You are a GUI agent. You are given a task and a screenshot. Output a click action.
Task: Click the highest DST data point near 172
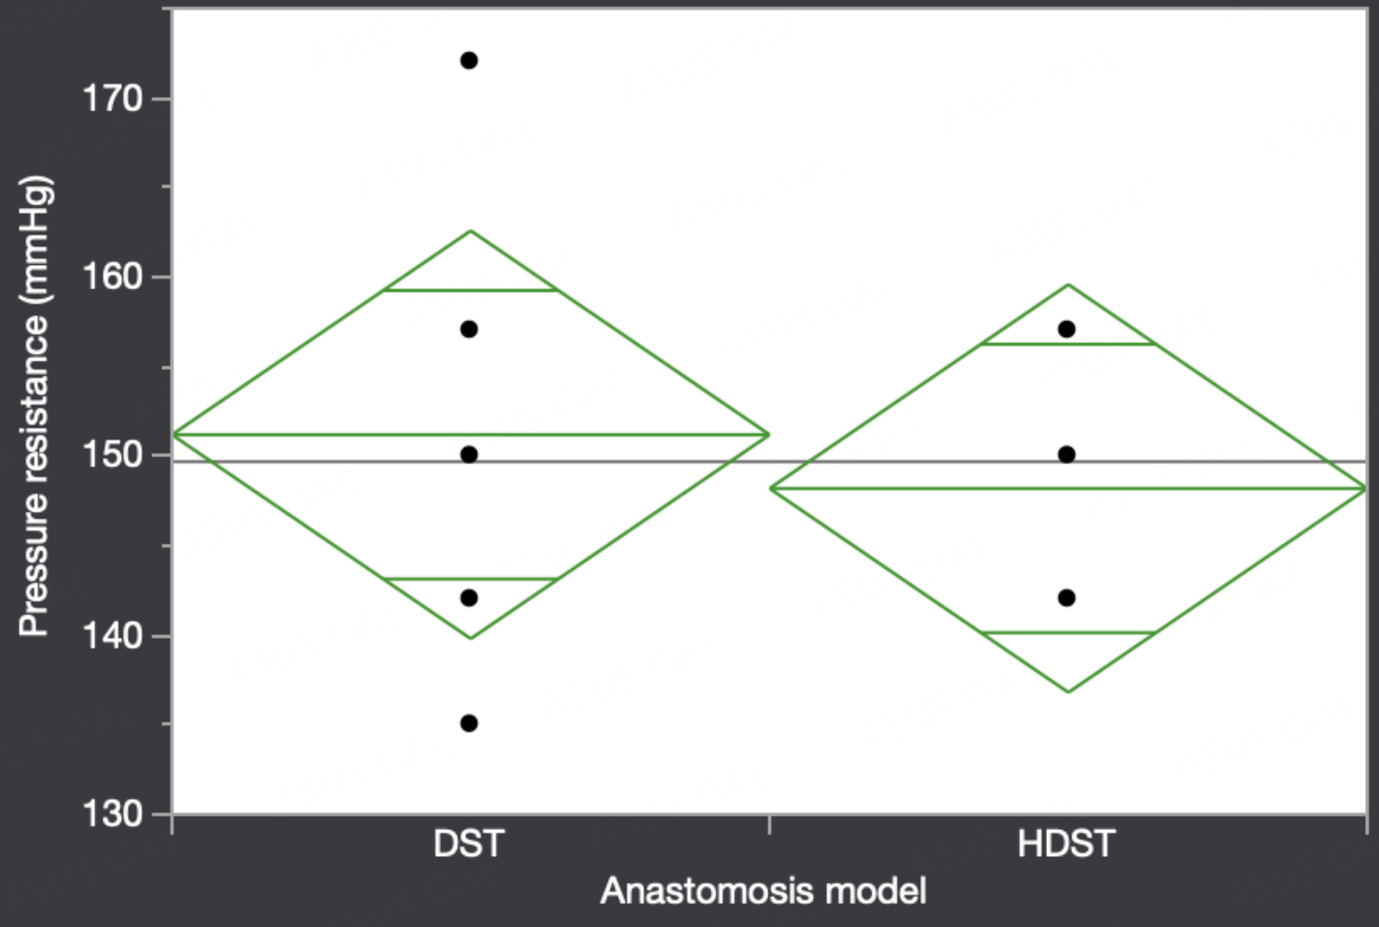[469, 61]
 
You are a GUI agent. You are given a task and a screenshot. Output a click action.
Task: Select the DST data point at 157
[469, 329]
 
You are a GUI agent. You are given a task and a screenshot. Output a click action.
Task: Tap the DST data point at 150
[469, 455]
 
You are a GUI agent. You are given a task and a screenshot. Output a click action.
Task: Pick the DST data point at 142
[469, 598]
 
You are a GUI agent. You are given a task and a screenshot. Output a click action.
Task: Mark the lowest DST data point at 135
[469, 723]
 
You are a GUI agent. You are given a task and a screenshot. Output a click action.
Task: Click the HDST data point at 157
[1067, 329]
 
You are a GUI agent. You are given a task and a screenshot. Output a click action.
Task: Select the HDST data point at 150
[1067, 455]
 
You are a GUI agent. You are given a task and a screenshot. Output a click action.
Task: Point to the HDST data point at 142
[1067, 598]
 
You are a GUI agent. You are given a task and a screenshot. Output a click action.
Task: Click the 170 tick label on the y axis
[113, 99]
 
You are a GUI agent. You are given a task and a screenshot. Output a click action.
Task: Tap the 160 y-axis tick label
[113, 277]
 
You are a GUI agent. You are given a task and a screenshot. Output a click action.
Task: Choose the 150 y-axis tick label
[113, 456]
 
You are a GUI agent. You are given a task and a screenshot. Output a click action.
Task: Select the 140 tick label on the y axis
[113, 635]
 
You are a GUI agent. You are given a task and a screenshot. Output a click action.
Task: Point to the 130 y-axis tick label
[113, 814]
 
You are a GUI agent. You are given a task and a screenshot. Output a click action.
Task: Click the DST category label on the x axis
[469, 844]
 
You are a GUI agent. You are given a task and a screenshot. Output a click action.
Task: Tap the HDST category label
[1067, 844]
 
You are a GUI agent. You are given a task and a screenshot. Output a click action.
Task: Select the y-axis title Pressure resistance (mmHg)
[34, 406]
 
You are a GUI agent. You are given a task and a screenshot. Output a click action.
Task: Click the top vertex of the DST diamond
[471, 231]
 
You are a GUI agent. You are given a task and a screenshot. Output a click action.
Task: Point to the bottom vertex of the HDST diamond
[1069, 692]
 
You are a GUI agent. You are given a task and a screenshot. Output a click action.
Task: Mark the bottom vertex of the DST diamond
[471, 638]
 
